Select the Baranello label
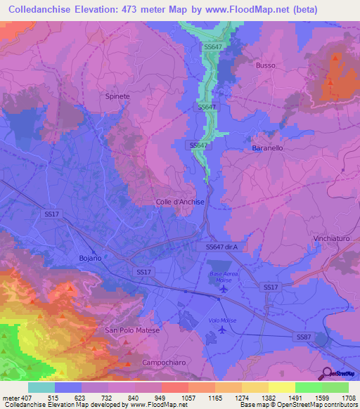tap(267, 149)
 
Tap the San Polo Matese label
tap(132, 330)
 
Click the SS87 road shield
tap(302, 338)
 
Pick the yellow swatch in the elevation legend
tap(281, 387)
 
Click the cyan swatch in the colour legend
tap(41, 387)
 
